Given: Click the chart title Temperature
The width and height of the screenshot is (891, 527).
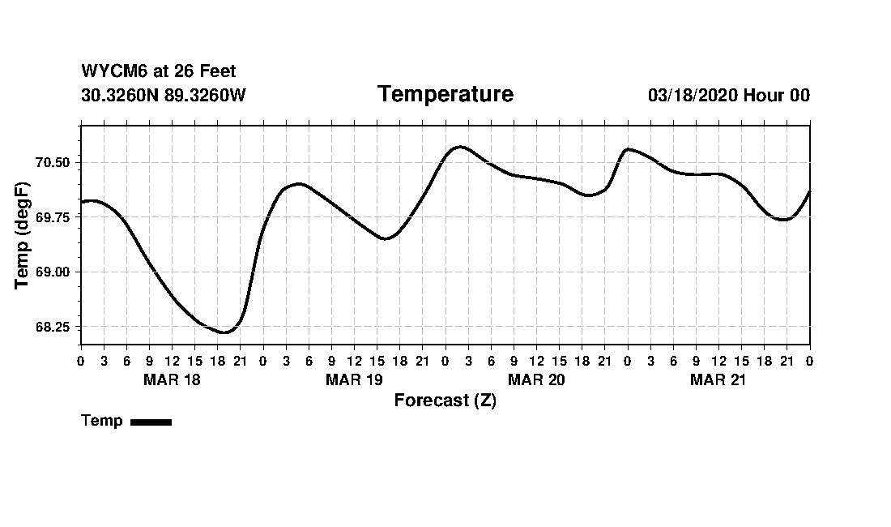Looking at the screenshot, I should [446, 95].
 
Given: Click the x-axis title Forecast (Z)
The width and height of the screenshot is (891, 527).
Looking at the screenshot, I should [445, 401].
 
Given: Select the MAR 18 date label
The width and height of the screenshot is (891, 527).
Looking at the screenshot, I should [172, 379].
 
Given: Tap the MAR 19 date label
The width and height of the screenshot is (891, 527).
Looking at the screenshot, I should [354, 379].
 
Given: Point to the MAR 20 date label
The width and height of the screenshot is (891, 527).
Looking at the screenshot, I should [536, 379].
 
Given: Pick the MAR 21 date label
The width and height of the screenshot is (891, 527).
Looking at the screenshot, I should [718, 379].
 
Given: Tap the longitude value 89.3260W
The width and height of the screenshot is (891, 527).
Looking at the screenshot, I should [205, 95].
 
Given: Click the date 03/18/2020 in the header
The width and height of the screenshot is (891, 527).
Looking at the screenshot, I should [693, 95].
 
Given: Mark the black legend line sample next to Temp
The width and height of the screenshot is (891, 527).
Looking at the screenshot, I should [151, 422].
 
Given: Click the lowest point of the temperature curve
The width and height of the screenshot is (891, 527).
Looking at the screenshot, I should [224, 332].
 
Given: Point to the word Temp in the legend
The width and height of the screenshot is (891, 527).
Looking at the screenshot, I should [102, 421].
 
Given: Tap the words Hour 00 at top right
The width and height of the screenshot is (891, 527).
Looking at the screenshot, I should [777, 95].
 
